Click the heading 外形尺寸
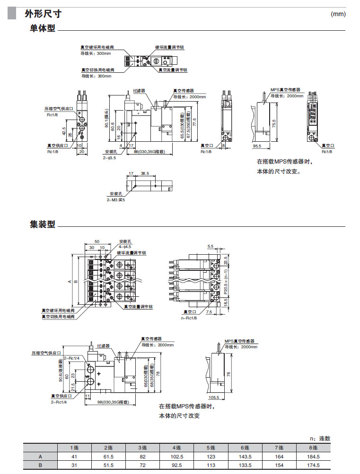[x=43, y=14]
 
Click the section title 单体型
[x=43, y=29]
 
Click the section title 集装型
[x=43, y=224]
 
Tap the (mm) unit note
[x=339, y=14]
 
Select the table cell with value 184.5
[x=313, y=457]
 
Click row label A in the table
[x=40, y=457]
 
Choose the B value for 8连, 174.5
[x=313, y=465]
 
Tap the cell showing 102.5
[x=177, y=457]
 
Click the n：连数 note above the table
[x=320, y=439]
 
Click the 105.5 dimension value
[x=214, y=397]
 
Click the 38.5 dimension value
[x=145, y=174]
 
